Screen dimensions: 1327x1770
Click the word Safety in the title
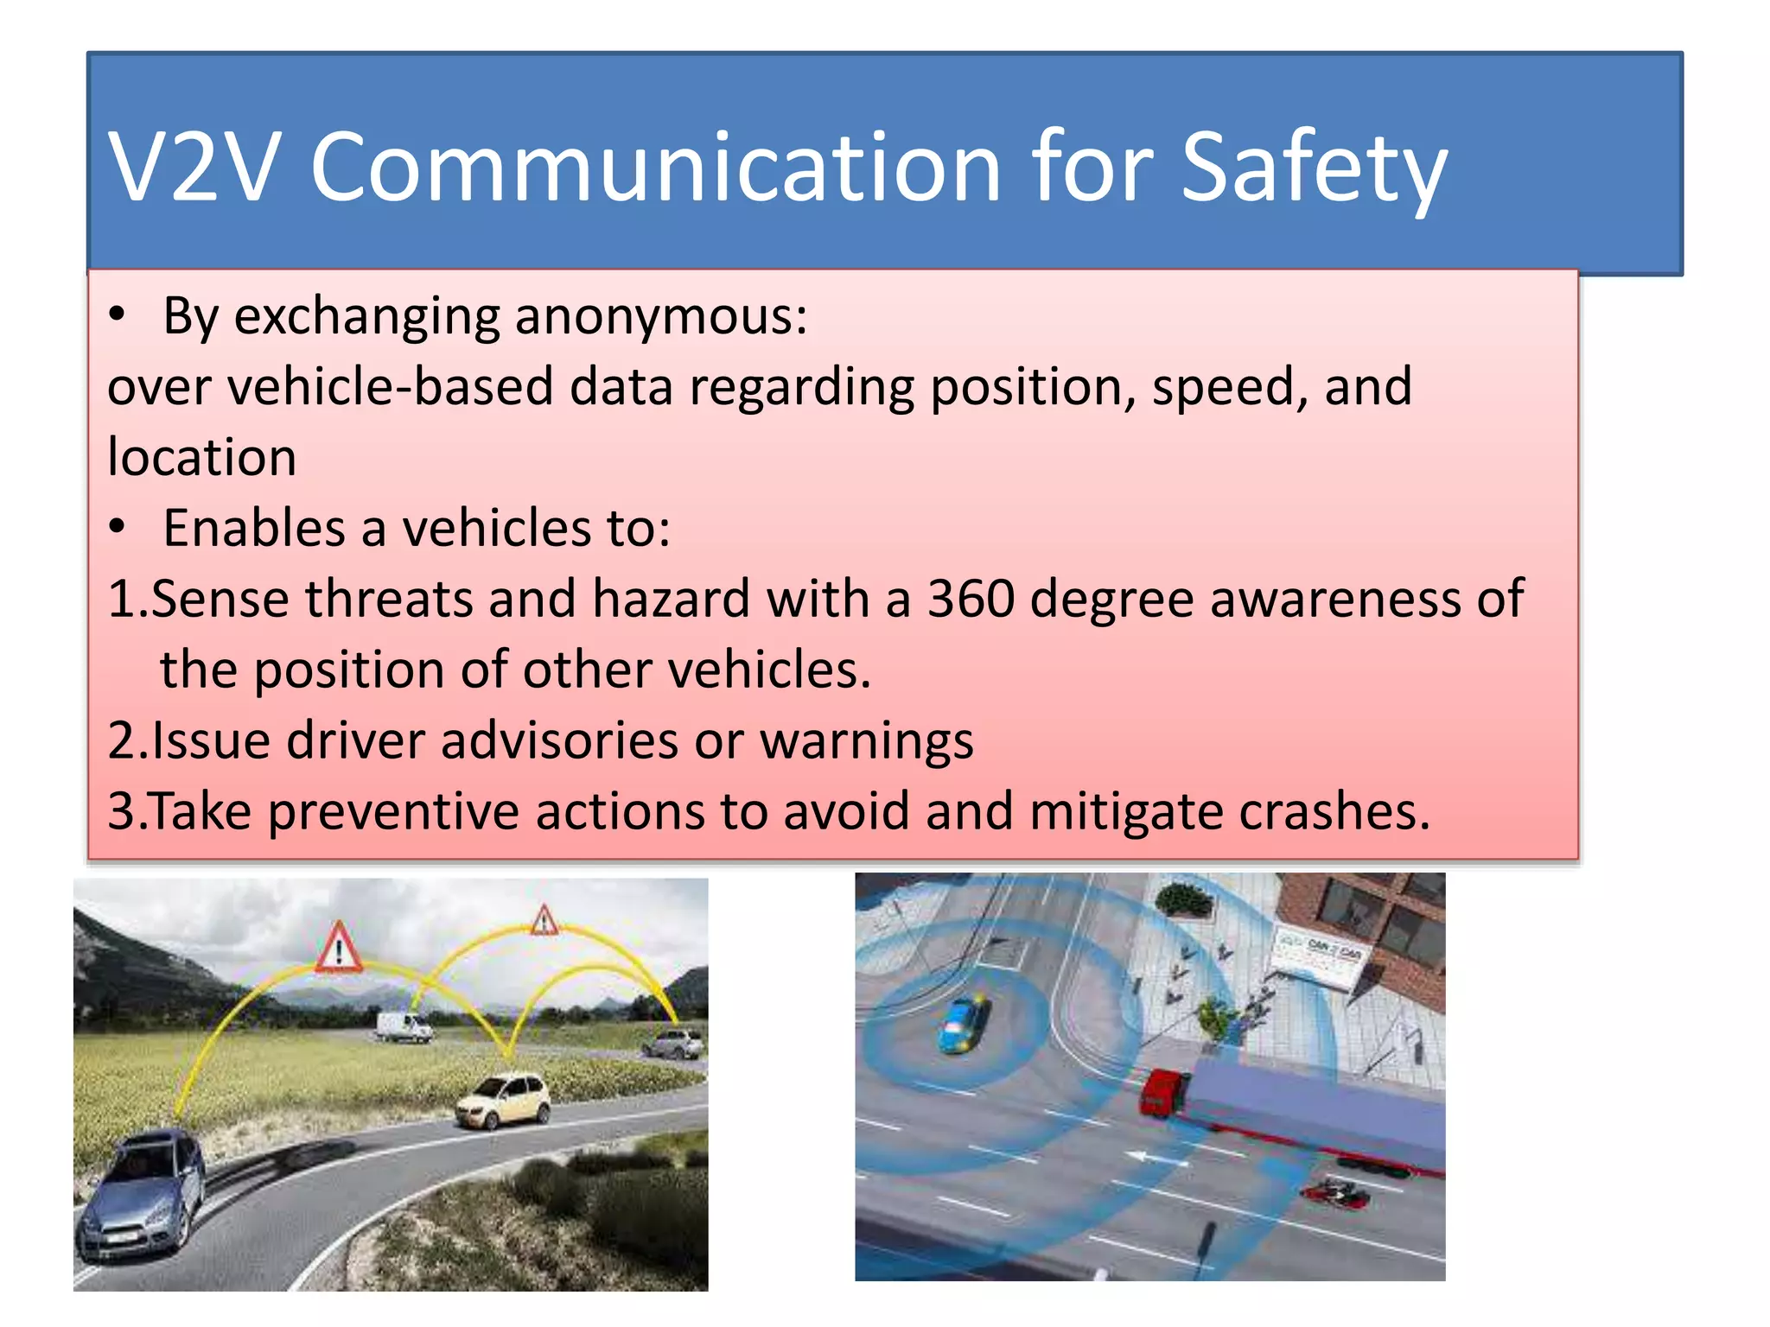(1313, 168)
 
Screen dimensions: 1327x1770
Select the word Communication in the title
(655, 168)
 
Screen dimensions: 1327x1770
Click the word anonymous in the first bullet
(660, 316)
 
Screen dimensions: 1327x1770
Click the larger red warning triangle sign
(339, 949)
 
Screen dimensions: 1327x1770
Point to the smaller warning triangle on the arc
(544, 921)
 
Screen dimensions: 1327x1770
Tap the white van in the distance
(404, 1026)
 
